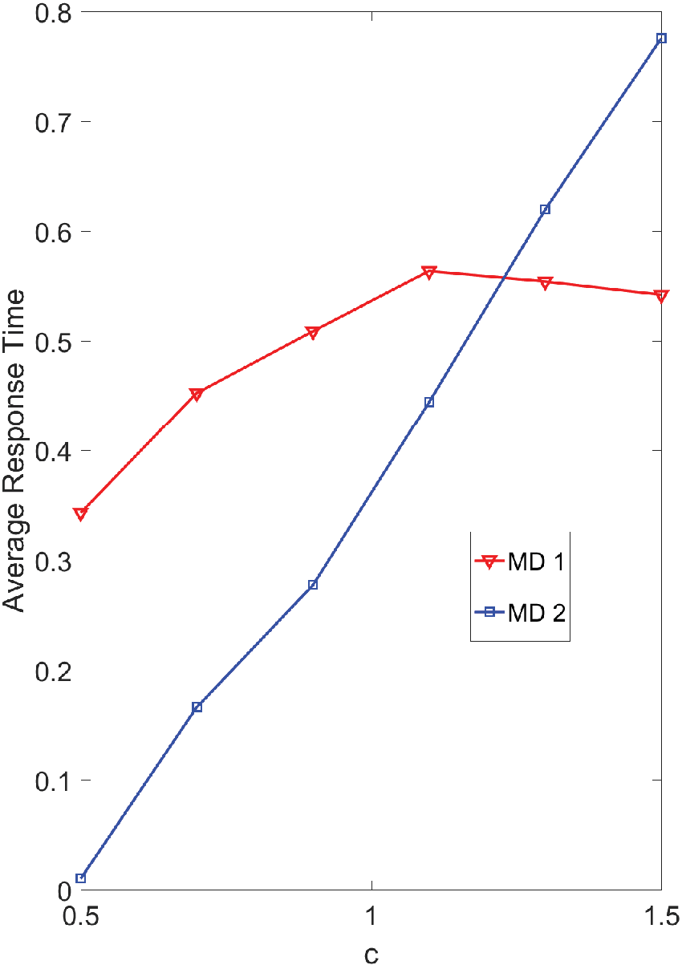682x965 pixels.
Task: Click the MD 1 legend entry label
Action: point(536,562)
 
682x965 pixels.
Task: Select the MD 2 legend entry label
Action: point(537,612)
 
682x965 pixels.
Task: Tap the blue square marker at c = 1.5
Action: point(661,39)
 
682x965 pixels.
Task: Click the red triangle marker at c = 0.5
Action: point(80,513)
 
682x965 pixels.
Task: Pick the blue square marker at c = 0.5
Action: point(80,878)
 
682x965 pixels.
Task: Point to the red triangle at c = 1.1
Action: point(428,272)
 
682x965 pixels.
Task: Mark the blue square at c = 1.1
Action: point(428,403)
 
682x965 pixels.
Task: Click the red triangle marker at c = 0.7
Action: point(197,394)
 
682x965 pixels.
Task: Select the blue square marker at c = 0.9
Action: point(313,585)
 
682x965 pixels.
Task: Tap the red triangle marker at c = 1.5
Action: point(661,296)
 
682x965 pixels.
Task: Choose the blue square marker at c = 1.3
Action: point(545,209)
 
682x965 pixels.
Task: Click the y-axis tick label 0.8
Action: point(53,13)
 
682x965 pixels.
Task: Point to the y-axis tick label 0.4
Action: point(53,451)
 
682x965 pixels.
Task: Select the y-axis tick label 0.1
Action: point(53,781)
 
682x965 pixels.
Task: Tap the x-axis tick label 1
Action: point(371,915)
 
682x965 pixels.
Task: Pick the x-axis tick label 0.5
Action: point(80,915)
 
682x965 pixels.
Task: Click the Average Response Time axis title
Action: point(14,451)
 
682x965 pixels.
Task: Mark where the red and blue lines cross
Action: point(503,278)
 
